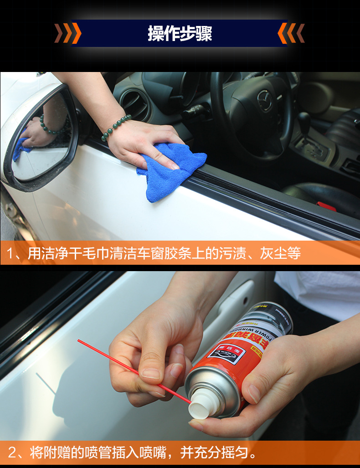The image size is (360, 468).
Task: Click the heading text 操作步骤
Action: tap(180, 33)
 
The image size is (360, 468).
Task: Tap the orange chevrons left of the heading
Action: tap(68, 33)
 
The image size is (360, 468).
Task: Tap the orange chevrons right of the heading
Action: tap(291, 33)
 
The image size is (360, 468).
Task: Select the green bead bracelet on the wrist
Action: tap(116, 127)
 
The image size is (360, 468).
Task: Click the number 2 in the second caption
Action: tap(12, 453)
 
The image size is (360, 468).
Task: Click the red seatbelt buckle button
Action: tap(326, 206)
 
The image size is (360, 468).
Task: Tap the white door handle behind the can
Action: tap(237, 301)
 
